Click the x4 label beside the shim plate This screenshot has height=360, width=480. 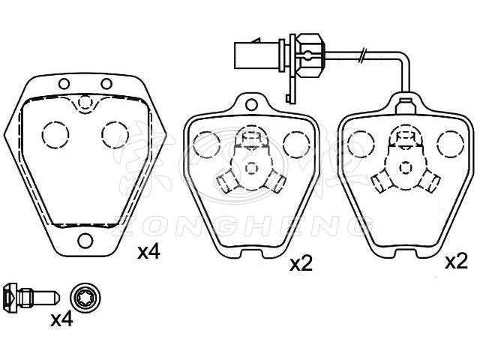coord(148,253)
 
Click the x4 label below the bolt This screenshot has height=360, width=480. coord(61,319)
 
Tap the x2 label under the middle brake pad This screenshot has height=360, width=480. coord(301,264)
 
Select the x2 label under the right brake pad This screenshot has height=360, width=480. coord(457,262)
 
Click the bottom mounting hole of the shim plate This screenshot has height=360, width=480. coord(85,240)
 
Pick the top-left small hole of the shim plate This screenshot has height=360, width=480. coord(64,83)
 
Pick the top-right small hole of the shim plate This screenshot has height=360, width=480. coord(106,83)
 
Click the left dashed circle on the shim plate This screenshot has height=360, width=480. coord(55,135)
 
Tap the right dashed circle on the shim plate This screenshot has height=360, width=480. coord(115,135)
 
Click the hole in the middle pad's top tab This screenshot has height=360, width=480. coord(251,104)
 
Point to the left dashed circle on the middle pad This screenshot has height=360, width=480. coord(207,145)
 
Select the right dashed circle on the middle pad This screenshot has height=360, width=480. coord(296,145)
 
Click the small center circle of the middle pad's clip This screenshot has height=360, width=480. coord(252,168)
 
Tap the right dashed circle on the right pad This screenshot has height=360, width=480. coord(450,144)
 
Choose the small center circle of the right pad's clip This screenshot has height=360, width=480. coord(406,168)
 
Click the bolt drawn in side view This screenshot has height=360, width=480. coord(31,298)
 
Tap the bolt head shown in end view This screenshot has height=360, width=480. coord(85,297)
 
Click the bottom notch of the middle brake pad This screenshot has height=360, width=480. coord(251,254)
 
